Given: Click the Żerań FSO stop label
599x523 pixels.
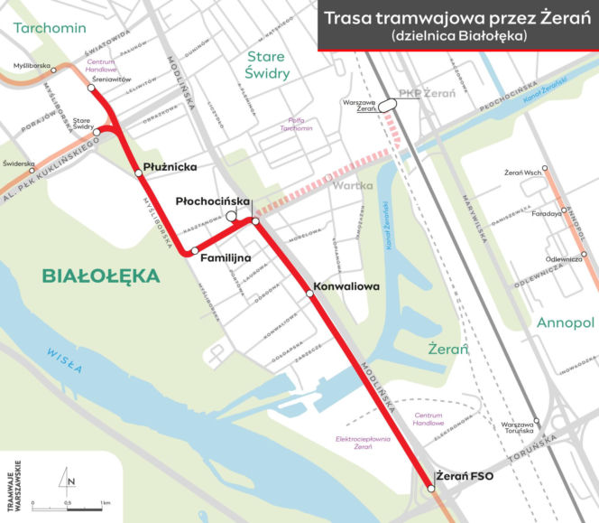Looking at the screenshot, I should [x=464, y=476].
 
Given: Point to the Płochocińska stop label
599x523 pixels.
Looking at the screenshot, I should [x=206, y=201].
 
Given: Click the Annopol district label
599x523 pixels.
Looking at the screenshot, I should [x=565, y=322].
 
